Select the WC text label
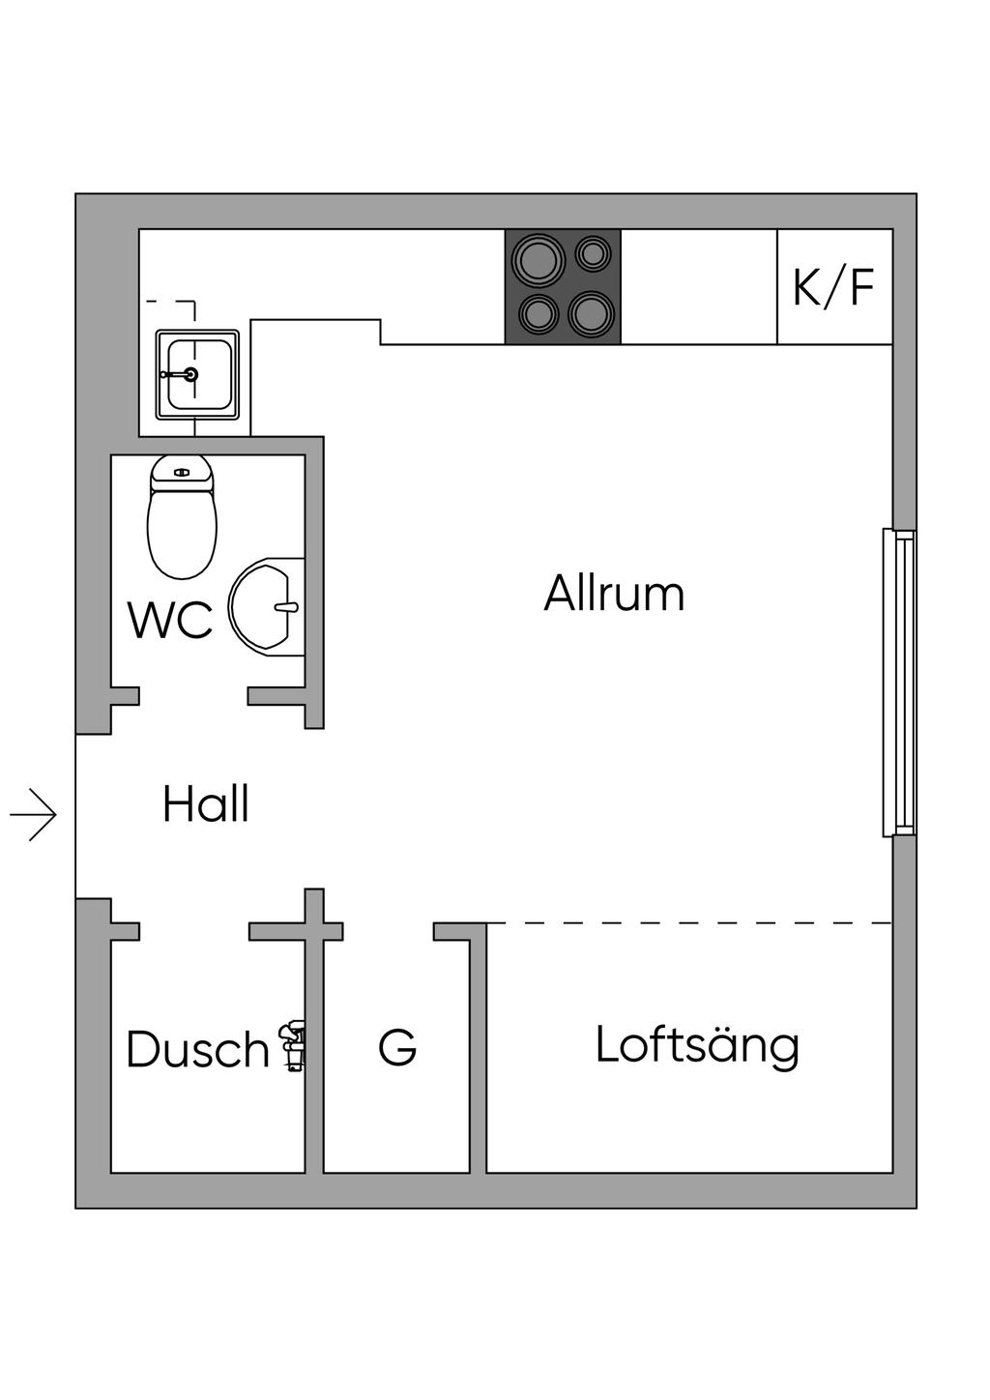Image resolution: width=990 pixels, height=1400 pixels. tap(170, 620)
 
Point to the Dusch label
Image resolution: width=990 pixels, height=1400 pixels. tap(197, 1049)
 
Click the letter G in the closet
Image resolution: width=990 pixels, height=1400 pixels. tap(397, 1047)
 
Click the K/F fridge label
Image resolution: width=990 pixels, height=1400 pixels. tap(833, 286)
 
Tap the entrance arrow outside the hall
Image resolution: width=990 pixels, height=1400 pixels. tap(34, 814)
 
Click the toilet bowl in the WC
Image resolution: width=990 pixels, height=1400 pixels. tap(182, 535)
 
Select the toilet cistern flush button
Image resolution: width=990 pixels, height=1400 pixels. tap(181, 473)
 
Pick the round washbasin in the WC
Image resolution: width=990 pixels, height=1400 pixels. tap(266, 606)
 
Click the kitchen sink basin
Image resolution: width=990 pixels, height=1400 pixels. tap(197, 374)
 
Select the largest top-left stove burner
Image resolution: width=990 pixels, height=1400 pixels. tap(539, 259)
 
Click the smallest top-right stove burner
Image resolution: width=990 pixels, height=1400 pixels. tap(593, 253)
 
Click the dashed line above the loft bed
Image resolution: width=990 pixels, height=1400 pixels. tap(689, 922)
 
